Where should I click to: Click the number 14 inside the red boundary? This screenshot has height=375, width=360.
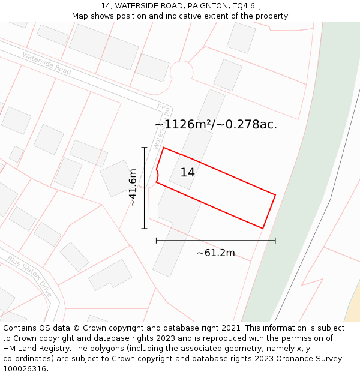click(187, 173)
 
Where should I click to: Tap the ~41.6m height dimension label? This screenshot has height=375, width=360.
click(133, 188)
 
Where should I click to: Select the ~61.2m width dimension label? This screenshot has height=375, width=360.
click(215, 253)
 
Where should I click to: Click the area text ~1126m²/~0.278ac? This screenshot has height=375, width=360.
click(215, 125)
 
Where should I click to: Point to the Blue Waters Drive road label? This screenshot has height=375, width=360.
click(30, 277)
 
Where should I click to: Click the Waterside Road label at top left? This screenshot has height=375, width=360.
click(47, 64)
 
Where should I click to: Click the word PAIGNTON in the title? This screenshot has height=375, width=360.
click(204, 6)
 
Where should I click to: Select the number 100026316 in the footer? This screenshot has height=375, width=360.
click(26, 369)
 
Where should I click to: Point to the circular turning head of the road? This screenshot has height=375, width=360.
click(181, 71)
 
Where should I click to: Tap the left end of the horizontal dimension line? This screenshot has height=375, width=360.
click(157, 241)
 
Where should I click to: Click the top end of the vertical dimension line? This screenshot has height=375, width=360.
click(144, 148)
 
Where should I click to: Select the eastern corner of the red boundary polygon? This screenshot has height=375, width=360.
click(275, 194)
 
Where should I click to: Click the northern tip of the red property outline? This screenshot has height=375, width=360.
click(164, 148)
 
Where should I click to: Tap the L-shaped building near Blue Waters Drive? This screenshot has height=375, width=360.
click(110, 275)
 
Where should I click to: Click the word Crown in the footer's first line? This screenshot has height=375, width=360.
click(98, 328)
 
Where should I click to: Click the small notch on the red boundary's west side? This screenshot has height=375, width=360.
click(158, 175)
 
